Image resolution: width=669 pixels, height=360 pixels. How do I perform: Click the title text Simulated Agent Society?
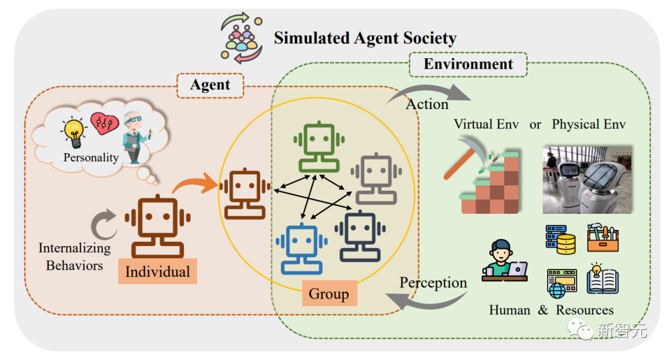point(365,38)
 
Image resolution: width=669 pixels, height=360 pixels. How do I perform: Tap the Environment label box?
point(468,64)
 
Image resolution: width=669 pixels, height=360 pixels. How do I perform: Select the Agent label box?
point(210,85)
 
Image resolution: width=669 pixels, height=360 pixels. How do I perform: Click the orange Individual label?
point(157,271)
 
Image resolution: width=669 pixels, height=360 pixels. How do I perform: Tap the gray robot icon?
point(376,177)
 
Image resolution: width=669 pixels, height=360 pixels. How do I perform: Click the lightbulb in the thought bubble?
point(74,132)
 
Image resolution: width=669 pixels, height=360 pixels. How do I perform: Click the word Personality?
point(91,157)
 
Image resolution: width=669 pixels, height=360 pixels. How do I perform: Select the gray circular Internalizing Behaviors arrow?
point(103,224)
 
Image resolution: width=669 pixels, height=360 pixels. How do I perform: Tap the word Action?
point(427,105)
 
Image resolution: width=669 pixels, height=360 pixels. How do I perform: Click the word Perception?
point(433,283)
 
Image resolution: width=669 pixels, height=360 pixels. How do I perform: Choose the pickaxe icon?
point(467,162)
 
